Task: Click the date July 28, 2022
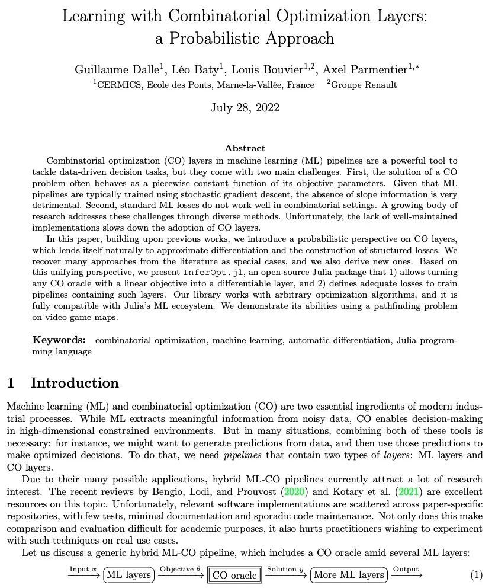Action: tap(245, 107)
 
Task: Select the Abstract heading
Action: tap(245, 148)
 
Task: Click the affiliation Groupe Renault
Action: tap(364, 85)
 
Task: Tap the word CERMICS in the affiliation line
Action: tap(120, 85)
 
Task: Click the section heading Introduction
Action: tap(75, 383)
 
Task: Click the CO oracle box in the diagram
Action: tap(234, 574)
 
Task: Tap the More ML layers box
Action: tap(349, 574)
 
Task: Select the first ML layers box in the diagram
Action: tap(129, 574)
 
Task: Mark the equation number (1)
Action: tap(477, 574)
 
